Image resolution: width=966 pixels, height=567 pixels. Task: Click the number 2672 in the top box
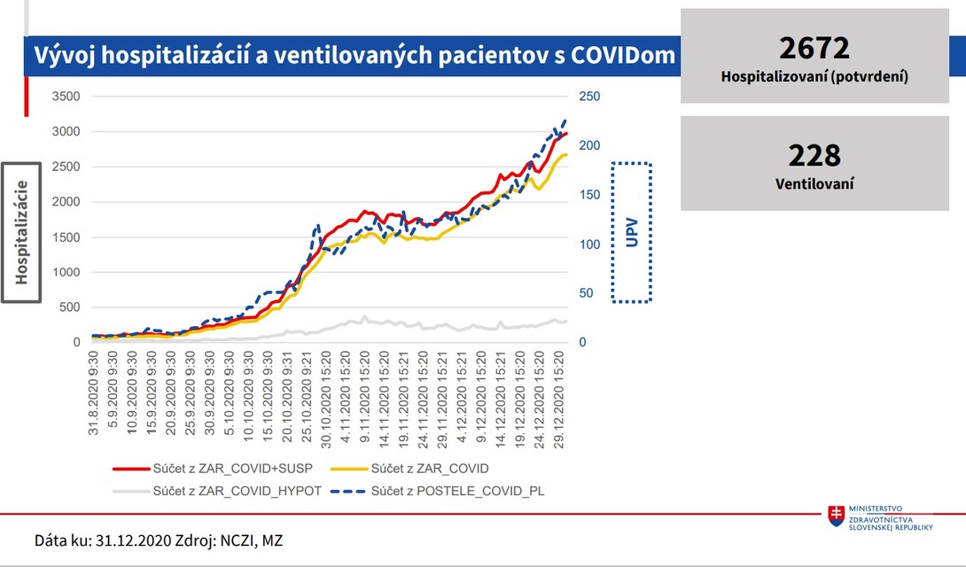point(814,48)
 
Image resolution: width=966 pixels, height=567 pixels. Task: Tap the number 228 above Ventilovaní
point(814,156)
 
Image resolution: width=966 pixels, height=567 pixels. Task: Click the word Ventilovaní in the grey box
point(814,184)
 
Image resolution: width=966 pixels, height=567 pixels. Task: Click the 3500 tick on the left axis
point(66,97)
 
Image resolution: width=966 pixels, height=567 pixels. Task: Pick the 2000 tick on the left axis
point(66,202)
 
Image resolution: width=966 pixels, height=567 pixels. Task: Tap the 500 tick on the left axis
point(69,307)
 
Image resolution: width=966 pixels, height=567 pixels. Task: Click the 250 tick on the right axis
point(589,97)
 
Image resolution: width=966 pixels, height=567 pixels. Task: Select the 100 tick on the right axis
point(589,245)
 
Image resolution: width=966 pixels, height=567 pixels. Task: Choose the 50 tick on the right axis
point(587,293)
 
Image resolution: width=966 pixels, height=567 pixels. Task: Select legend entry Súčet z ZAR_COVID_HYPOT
point(237,490)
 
